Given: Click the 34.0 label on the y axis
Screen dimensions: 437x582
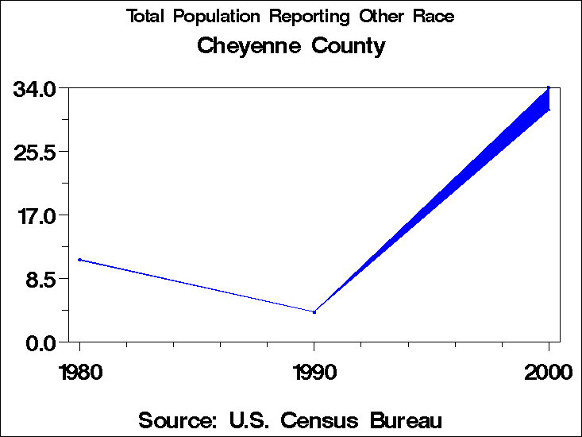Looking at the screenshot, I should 33,88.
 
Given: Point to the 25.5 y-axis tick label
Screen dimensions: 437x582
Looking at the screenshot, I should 33,152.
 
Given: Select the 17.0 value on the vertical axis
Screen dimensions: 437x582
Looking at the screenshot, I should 33,215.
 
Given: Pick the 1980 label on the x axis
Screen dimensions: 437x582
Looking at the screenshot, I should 79,372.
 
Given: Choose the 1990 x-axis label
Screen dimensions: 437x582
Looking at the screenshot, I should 314,372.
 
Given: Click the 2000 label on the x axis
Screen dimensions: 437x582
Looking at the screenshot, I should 548,372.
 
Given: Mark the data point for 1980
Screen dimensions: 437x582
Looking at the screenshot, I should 79,260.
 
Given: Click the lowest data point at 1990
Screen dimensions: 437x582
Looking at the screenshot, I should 314,312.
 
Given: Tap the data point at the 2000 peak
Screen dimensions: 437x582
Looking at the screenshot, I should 549,87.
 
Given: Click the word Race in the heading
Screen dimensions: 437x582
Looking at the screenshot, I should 434,17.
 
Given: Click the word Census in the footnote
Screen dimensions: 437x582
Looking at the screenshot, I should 314,420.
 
